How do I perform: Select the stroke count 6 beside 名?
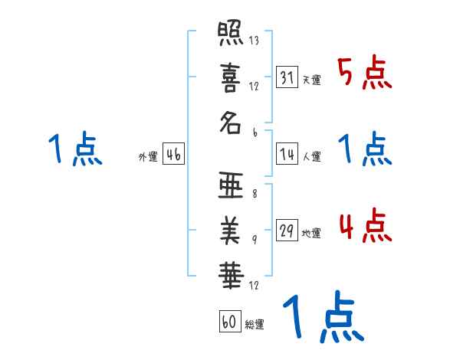(254, 132)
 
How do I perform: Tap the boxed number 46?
(173, 154)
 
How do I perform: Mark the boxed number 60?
(229, 322)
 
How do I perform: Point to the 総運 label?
(255, 325)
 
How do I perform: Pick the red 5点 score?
(364, 74)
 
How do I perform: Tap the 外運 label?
(148, 157)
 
